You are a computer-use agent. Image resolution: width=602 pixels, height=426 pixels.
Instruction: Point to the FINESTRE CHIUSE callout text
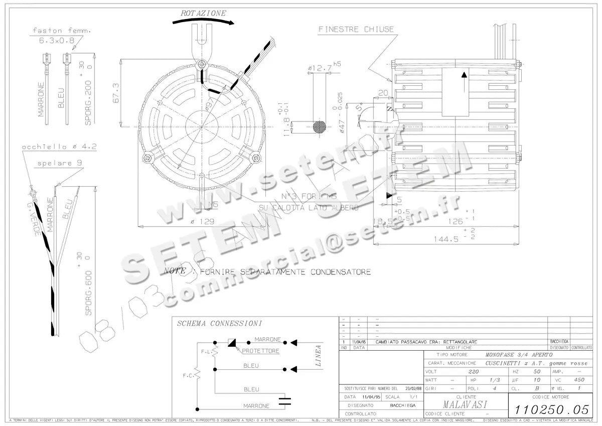tap(356, 30)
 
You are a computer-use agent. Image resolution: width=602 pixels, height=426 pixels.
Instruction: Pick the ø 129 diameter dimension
tap(203, 221)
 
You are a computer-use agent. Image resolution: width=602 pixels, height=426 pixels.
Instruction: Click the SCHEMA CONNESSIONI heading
tap(220, 324)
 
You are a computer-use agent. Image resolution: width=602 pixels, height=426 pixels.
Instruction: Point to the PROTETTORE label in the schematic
tap(260, 351)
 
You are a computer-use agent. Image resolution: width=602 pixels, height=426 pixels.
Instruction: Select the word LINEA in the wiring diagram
tap(318, 356)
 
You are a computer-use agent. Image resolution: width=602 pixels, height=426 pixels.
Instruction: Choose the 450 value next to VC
tap(579, 380)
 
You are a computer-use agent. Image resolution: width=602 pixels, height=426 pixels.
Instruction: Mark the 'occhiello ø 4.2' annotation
tap(59, 147)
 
